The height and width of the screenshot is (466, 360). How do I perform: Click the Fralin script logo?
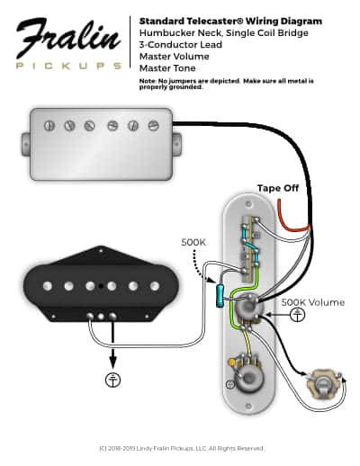[67, 40]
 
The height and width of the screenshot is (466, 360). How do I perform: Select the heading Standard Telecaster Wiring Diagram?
[229, 21]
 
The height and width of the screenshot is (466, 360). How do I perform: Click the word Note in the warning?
[148, 81]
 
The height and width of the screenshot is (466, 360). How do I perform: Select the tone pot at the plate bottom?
[243, 370]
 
